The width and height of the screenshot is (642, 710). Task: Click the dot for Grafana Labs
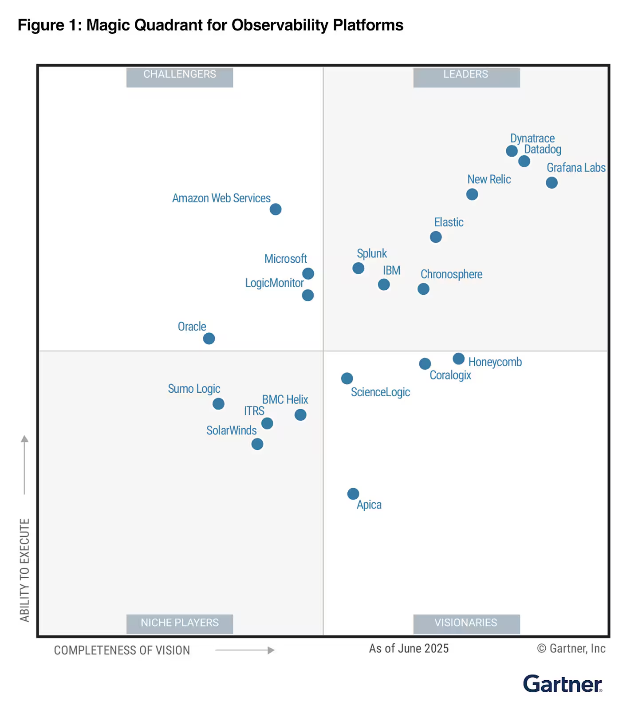pyautogui.click(x=551, y=183)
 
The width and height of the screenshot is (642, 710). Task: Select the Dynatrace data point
pyautogui.click(x=512, y=151)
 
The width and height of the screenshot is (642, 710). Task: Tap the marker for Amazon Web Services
pyautogui.click(x=276, y=209)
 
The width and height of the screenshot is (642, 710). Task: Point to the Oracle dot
pyautogui.click(x=209, y=339)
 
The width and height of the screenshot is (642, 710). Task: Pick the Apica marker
pyautogui.click(x=353, y=494)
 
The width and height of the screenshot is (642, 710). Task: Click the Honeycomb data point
pyautogui.click(x=459, y=359)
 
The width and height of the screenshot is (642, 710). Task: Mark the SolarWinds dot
pyautogui.click(x=257, y=444)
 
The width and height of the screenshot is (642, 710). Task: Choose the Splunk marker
pyautogui.click(x=358, y=268)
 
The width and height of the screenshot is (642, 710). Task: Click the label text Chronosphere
pyautogui.click(x=451, y=274)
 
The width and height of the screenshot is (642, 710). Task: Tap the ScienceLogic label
pyautogui.click(x=380, y=392)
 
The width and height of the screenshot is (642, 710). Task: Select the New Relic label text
pyautogui.click(x=489, y=179)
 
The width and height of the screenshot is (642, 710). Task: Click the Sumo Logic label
pyautogui.click(x=194, y=389)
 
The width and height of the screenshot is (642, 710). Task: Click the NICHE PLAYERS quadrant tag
pyautogui.click(x=180, y=623)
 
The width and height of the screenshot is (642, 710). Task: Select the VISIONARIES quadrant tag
pyautogui.click(x=466, y=623)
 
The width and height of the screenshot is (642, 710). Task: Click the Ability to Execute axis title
pyautogui.click(x=24, y=570)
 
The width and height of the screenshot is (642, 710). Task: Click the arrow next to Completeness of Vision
pyautogui.click(x=245, y=650)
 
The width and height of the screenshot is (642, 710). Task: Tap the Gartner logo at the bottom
pyautogui.click(x=562, y=684)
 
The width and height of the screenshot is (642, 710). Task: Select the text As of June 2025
pyautogui.click(x=409, y=649)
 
